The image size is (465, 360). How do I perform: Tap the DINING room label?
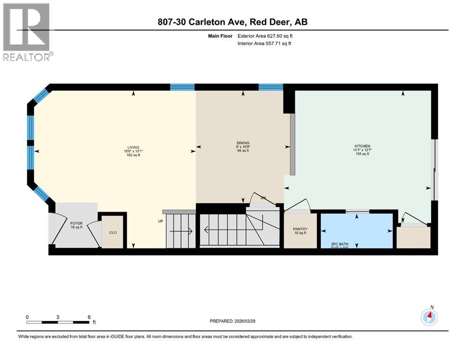tap(243, 143)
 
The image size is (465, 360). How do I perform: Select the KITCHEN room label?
tap(362, 147)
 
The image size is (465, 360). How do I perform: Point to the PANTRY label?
tap(299, 228)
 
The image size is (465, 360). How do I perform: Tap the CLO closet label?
tap(113, 232)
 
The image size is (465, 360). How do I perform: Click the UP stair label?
tap(160, 221)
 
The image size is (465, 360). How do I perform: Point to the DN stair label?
tap(263, 197)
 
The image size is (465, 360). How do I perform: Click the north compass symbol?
tap(429, 317)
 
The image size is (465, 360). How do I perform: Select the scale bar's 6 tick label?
tap(89, 317)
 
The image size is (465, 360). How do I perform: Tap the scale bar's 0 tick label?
tap(27, 317)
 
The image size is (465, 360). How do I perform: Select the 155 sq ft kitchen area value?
tap(362, 154)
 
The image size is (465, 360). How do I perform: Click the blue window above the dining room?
tap(271, 87)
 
